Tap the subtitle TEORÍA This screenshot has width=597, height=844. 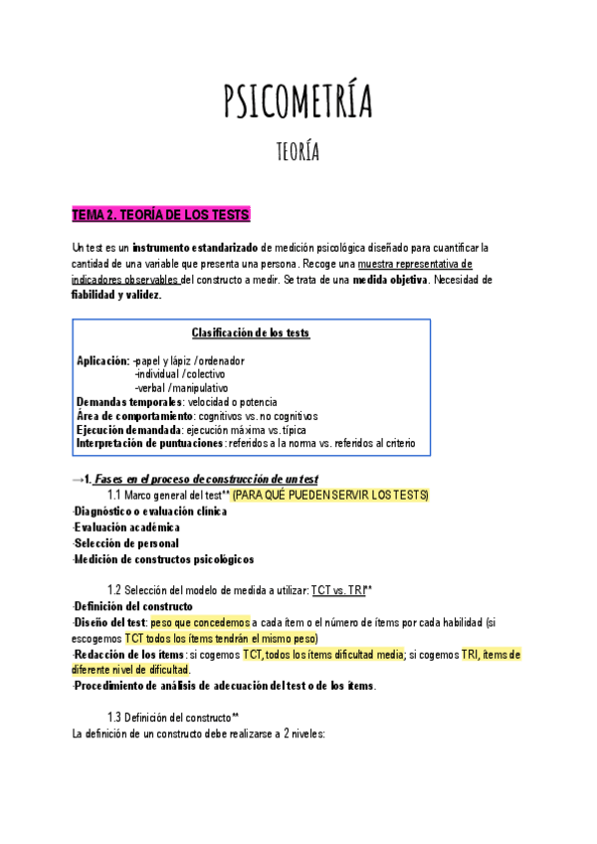coord(298,151)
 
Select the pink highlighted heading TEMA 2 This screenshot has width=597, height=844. coord(161,215)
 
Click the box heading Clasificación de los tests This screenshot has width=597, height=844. coord(250,333)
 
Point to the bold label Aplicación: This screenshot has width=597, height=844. coord(103,360)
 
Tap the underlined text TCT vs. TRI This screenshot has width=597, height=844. coord(338,590)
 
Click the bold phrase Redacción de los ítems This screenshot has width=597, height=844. coord(129,655)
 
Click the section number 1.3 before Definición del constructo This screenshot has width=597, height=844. coord(114,718)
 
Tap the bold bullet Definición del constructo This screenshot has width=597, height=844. coord(133,607)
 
